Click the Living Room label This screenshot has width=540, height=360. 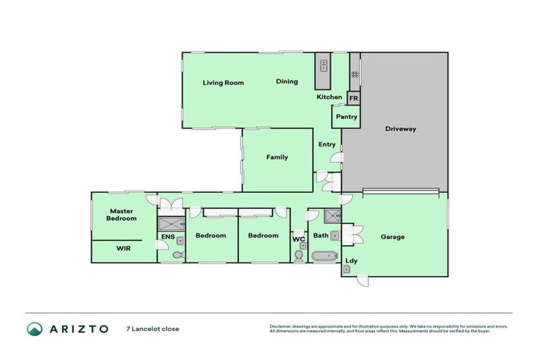[x=223, y=83]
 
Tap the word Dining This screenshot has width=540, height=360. [x=286, y=82]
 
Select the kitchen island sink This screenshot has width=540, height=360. [x=323, y=66]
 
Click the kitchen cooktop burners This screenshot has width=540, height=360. [x=355, y=66]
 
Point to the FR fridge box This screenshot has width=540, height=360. [x=354, y=99]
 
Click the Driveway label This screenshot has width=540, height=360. [x=401, y=129]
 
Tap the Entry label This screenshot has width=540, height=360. [x=327, y=144]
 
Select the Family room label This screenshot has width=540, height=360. [x=276, y=157]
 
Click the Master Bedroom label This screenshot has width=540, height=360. [x=122, y=214]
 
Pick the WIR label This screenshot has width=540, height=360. [x=123, y=248]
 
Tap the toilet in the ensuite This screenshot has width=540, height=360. [x=178, y=255]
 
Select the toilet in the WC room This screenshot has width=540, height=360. [x=299, y=256]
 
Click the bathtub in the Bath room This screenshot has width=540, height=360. [x=325, y=256]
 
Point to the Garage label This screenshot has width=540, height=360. [x=392, y=237]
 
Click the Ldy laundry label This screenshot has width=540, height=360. [x=351, y=261]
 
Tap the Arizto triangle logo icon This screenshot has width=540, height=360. [x=34, y=328]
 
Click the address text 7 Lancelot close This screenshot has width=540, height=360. [x=153, y=328]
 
